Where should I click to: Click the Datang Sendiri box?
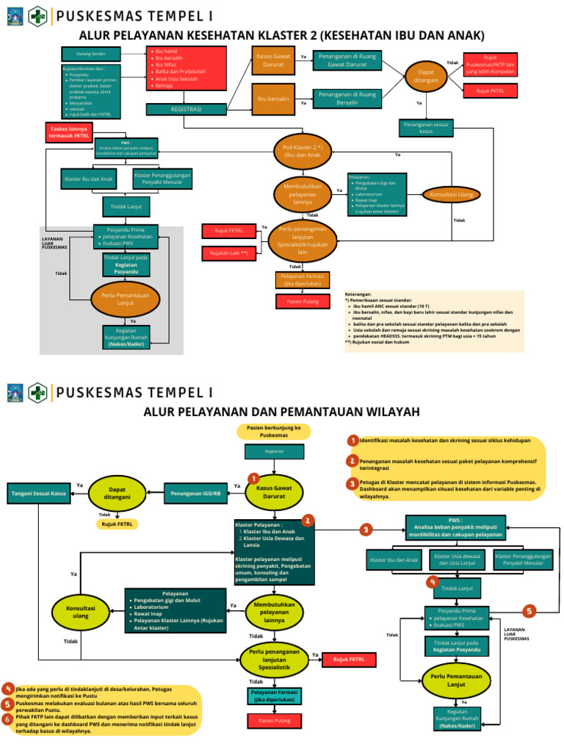(x=90, y=54)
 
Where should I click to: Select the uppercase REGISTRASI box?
(x=186, y=109)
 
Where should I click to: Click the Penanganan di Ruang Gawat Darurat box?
(x=347, y=60)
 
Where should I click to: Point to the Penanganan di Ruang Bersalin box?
(x=347, y=98)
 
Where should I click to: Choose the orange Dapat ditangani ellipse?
(x=426, y=76)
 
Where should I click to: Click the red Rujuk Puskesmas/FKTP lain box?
(x=490, y=65)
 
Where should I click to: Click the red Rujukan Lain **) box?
(x=229, y=253)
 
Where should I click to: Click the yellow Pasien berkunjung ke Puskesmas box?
(x=274, y=432)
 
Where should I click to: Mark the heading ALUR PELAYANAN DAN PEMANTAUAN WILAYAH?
(x=281, y=410)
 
